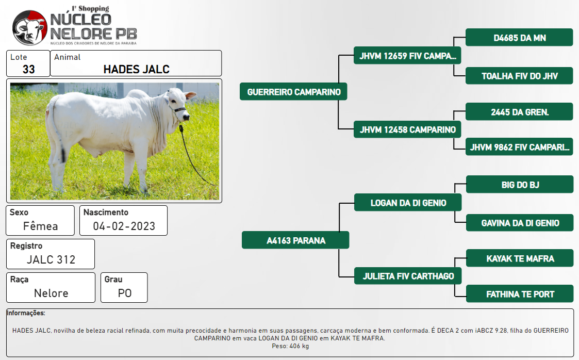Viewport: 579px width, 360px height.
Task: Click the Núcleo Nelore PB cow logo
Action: tap(30, 28)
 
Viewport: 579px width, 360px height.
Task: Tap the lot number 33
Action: tap(28, 70)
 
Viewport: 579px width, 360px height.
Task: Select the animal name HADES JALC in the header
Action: tap(136, 70)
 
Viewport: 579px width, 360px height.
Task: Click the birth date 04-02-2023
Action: tap(124, 226)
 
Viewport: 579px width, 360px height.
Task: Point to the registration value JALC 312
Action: tap(51, 259)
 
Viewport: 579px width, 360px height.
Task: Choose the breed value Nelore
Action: tap(51, 293)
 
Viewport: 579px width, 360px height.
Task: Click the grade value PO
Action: tap(124, 293)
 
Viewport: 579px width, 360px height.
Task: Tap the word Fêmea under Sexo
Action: tap(40, 226)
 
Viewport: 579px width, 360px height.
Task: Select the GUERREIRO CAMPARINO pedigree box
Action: tap(293, 92)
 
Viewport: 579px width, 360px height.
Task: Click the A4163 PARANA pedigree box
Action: tap(295, 240)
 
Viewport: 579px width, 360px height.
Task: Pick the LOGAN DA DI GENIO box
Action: tap(408, 202)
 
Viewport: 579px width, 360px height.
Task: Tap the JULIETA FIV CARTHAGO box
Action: tap(408, 275)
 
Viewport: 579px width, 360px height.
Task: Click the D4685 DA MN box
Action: tap(519, 37)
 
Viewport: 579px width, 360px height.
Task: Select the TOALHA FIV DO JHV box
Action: tap(519, 76)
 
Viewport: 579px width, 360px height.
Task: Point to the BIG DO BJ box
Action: tap(520, 184)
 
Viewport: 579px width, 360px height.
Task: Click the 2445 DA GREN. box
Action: tap(519, 111)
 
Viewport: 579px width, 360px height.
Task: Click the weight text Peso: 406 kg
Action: tap(290, 346)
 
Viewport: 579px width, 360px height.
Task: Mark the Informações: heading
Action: tap(26, 313)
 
